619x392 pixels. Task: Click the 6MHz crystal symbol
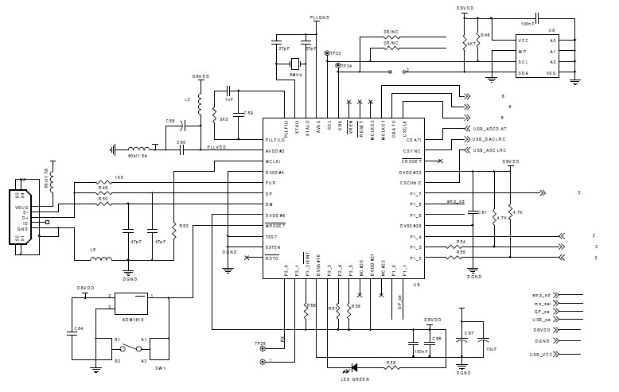pyautogui.click(x=295, y=64)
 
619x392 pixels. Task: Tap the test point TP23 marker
pyautogui.click(x=327, y=54)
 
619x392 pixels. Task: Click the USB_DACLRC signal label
pyautogui.click(x=490, y=138)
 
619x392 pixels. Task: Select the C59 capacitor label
pyautogui.click(x=248, y=113)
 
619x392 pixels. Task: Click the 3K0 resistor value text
pyautogui.click(x=224, y=118)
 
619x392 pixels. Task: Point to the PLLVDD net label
pyautogui.click(x=216, y=147)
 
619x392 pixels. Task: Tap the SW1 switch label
pyautogui.click(x=159, y=369)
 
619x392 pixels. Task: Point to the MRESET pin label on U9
pyautogui.click(x=274, y=226)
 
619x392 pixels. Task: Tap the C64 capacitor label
pyautogui.click(x=78, y=328)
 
